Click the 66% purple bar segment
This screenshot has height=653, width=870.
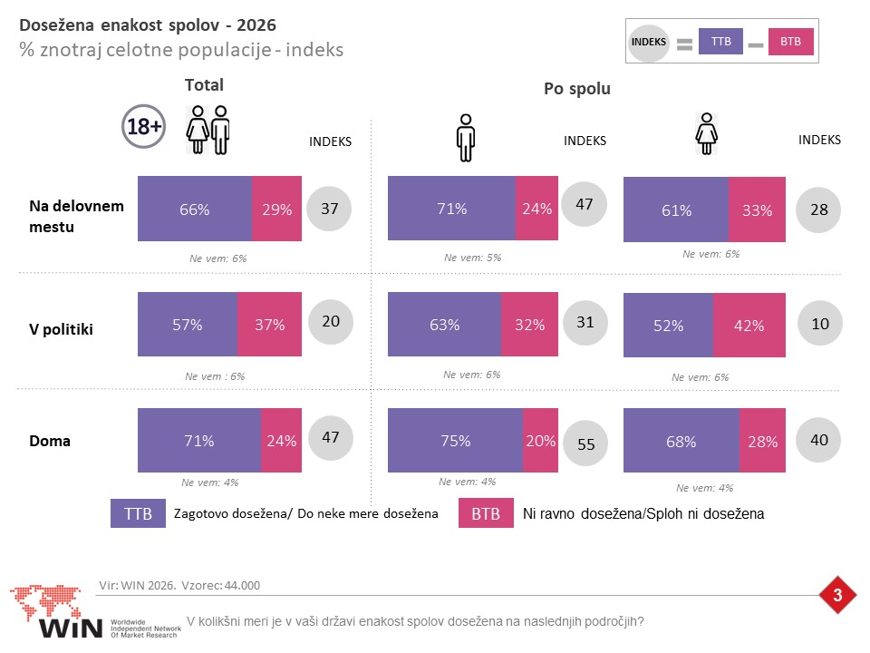pos(195,209)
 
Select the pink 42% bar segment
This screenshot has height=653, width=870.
pos(749,325)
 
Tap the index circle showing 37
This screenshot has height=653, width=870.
pos(329,209)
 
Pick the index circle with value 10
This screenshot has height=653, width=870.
pos(819,323)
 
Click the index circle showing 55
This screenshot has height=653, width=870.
pos(585,443)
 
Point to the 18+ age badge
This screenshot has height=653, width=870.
pos(144,127)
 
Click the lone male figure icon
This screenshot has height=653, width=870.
pos(466,138)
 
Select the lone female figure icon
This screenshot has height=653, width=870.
pos(706,134)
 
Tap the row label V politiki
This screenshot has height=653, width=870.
pos(61,329)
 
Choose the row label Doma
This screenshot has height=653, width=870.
pos(50,441)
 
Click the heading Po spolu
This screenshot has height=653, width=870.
pos(577,89)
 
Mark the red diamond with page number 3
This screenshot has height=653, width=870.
pos(837,595)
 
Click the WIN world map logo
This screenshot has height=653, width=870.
pos(56,610)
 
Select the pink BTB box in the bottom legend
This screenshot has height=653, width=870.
pos(486,513)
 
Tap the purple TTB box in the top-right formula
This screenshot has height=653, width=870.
pos(720,42)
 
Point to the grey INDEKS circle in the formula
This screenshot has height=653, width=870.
pos(649,43)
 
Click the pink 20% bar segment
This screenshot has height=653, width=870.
pos(540,441)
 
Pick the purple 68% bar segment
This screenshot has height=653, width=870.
pos(681,441)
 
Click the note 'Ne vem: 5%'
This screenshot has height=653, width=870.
pos(473,258)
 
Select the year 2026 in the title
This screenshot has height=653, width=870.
pos(256,25)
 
